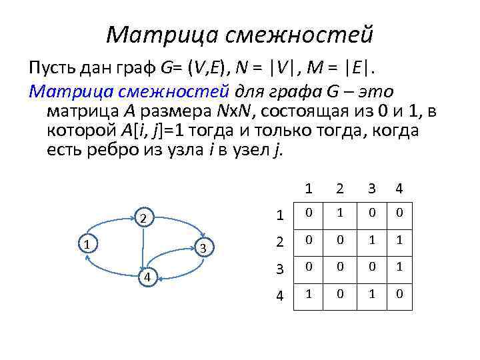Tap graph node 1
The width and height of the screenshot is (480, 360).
(x=87, y=244)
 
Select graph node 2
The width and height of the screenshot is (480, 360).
(x=143, y=219)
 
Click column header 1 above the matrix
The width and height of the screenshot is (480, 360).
(x=309, y=189)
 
